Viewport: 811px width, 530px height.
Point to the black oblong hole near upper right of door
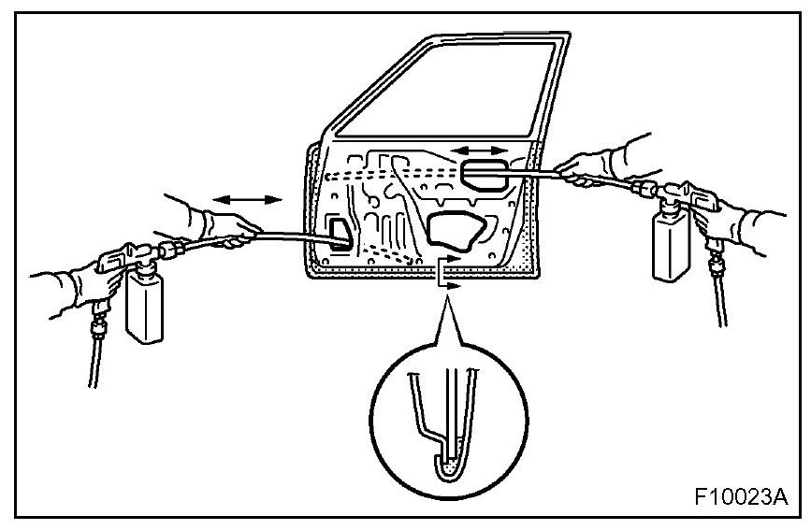tap(485, 175)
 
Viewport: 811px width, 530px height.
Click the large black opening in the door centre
tap(458, 230)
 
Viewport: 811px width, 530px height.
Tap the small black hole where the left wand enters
tap(339, 233)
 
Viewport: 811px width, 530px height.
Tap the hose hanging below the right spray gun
tap(717, 290)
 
